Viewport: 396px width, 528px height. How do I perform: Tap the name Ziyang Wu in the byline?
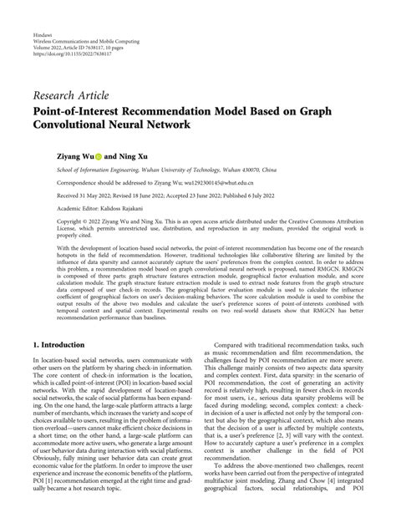point(79,155)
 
